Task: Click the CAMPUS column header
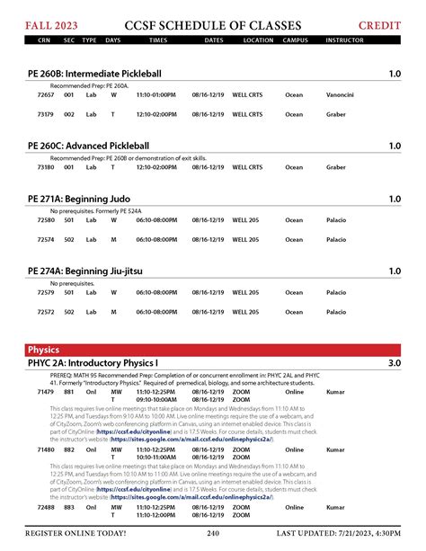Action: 295,40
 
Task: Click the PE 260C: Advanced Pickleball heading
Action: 88,146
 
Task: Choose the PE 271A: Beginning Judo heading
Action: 79,200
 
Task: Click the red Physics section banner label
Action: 43,350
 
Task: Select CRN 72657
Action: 46,94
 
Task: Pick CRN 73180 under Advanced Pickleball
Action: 46,166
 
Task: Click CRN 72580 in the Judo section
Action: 46,219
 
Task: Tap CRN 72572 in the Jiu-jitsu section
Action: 46,312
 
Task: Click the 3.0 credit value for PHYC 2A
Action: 394,363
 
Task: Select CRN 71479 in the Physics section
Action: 46,392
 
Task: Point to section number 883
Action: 69,507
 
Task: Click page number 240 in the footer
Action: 213,533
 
